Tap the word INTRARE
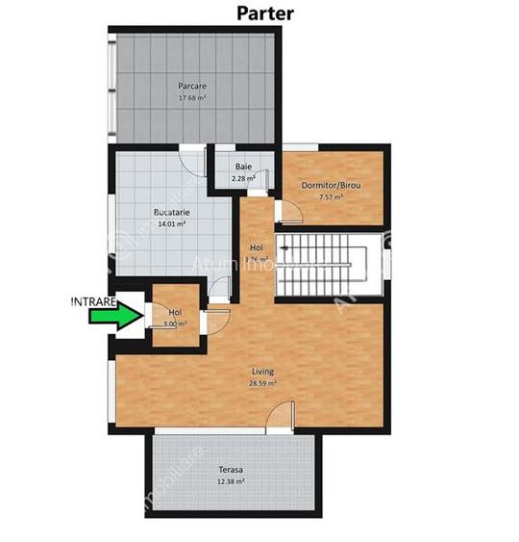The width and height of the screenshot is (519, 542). [94, 300]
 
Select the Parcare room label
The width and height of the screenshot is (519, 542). [192, 87]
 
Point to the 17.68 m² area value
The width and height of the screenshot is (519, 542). [192, 97]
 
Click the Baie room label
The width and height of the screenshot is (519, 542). [243, 167]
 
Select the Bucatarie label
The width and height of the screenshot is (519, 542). [170, 212]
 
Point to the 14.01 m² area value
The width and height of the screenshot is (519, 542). [170, 223]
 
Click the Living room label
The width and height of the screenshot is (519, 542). [262, 371]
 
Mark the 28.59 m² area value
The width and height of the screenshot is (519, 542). [262, 382]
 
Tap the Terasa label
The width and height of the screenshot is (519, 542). [229, 469]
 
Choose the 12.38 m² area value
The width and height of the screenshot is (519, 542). [229, 480]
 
